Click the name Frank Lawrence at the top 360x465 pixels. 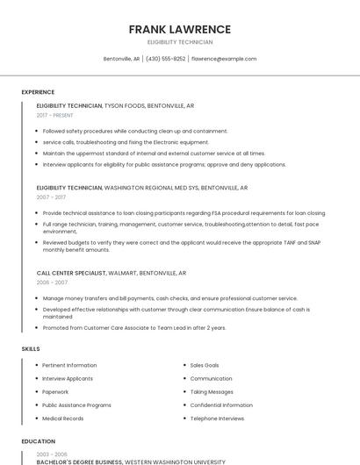[x=180, y=29]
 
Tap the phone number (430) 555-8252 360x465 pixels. [x=166, y=59]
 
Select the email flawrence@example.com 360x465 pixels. [x=224, y=59]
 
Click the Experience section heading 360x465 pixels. [x=38, y=92]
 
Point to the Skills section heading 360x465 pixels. [x=30, y=349]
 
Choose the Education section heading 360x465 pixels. [x=38, y=441]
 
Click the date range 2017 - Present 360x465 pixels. [x=55, y=115]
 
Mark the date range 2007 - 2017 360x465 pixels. [x=51, y=197]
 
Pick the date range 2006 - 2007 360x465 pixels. [x=51, y=283]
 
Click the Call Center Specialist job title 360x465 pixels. [x=71, y=273]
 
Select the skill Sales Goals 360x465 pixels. [x=205, y=365]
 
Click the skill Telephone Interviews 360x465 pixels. [x=217, y=418]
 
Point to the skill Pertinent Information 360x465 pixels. [x=69, y=365]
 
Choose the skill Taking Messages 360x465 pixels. [x=212, y=391]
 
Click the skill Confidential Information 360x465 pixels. [x=221, y=405]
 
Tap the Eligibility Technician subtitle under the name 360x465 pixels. [x=180, y=42]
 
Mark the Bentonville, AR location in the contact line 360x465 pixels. [x=122, y=59]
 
